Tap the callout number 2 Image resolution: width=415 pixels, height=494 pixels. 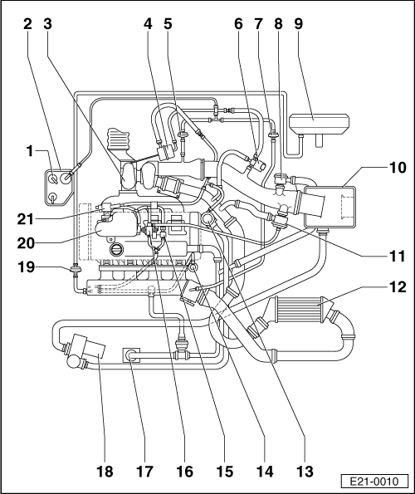pyautogui.click(x=27, y=24)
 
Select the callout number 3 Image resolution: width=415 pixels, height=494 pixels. pyautogui.click(x=49, y=24)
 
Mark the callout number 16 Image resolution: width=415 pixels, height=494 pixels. pyautogui.click(x=184, y=471)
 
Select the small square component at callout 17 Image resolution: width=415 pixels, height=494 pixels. pyautogui.click(x=131, y=356)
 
